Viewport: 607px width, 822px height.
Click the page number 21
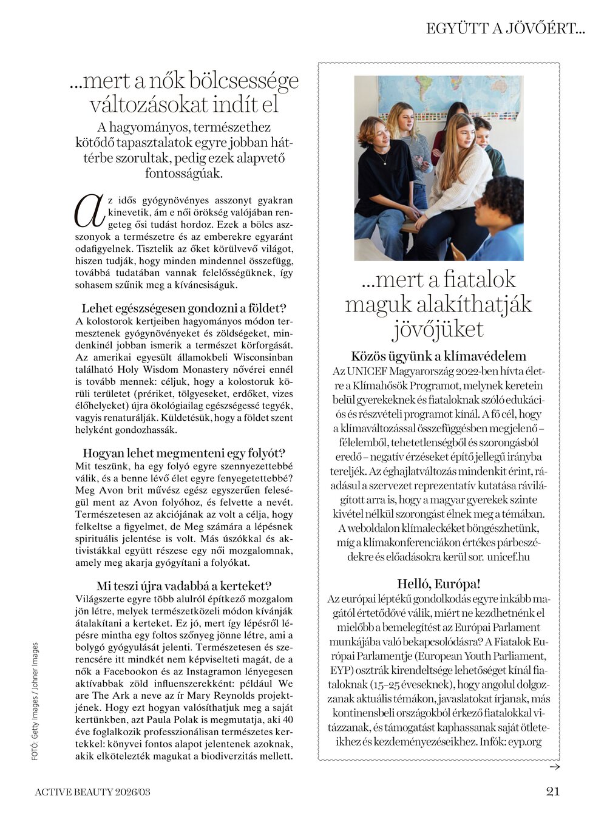click(552, 791)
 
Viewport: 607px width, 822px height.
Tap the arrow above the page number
click(554, 767)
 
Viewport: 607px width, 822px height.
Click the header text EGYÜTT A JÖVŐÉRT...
click(505, 29)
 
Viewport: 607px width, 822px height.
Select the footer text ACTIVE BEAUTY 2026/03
click(92, 792)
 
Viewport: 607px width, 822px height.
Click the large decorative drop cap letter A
click(88, 211)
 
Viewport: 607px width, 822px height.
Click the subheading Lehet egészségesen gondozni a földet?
click(184, 308)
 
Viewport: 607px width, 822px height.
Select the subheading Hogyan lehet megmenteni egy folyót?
click(184, 453)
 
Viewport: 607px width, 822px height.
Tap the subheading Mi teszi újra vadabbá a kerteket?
click(184, 586)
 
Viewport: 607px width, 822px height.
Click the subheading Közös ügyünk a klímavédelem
click(438, 356)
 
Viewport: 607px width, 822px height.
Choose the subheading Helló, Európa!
click(438, 584)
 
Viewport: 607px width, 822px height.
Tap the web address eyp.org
click(525, 741)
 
